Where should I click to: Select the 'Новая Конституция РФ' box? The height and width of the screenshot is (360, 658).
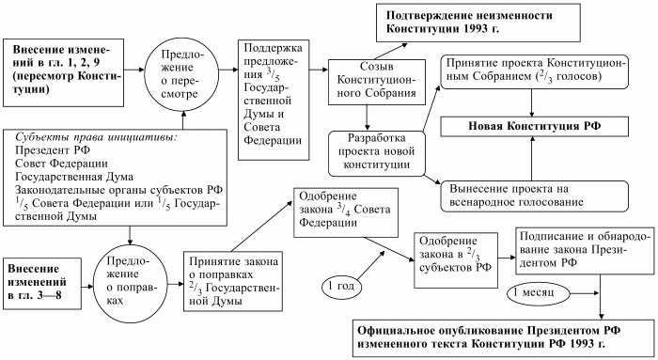(531, 125)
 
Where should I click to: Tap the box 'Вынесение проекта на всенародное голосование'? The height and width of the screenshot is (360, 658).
(531, 192)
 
